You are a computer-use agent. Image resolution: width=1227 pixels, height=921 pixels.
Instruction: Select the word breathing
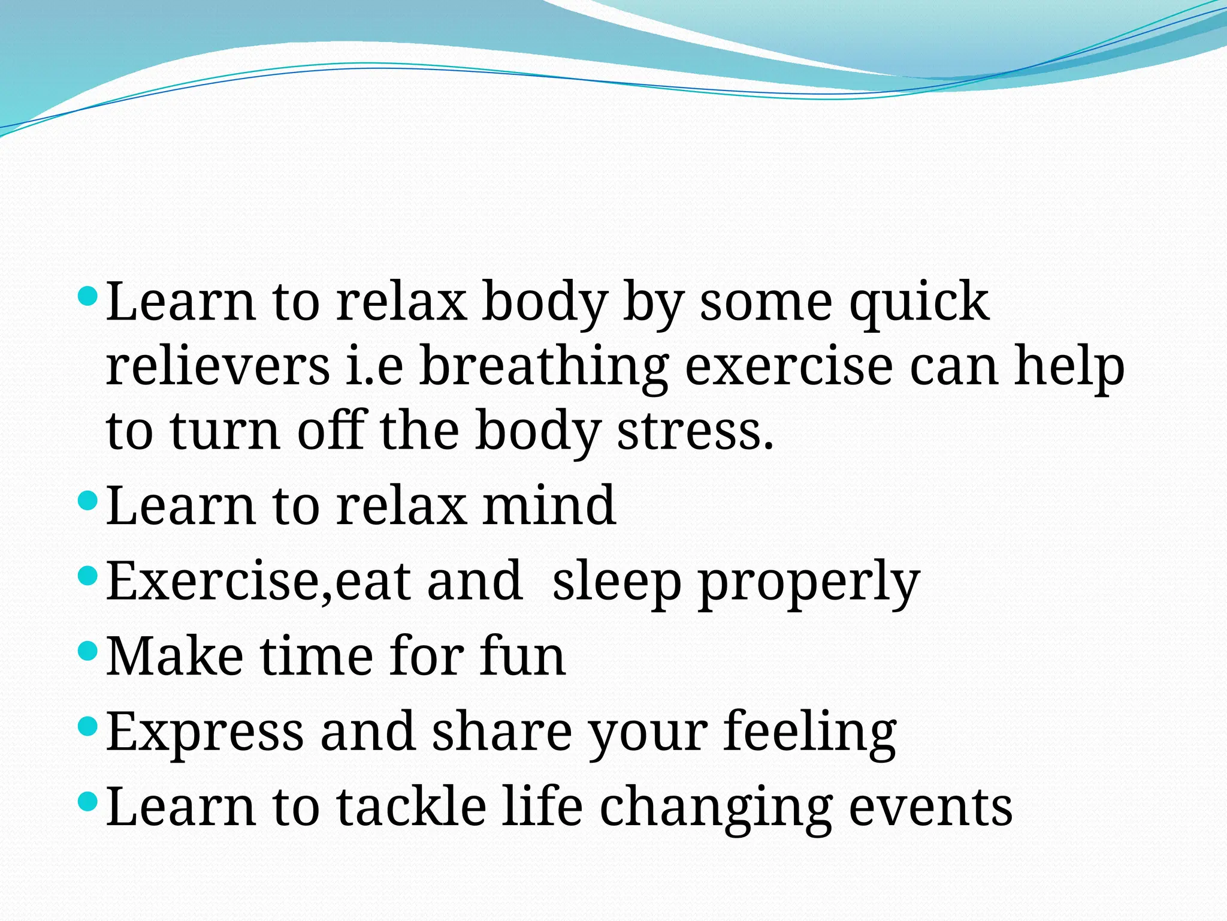543,367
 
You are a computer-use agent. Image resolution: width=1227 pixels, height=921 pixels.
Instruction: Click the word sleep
616,582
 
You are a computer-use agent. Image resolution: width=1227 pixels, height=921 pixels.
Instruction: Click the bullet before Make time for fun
87,651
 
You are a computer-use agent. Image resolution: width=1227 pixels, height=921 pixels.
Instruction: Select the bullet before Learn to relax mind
87,500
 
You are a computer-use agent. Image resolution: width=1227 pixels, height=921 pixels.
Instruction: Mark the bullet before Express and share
87,726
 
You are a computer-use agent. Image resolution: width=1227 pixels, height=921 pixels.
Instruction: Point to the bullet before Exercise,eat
87,576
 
